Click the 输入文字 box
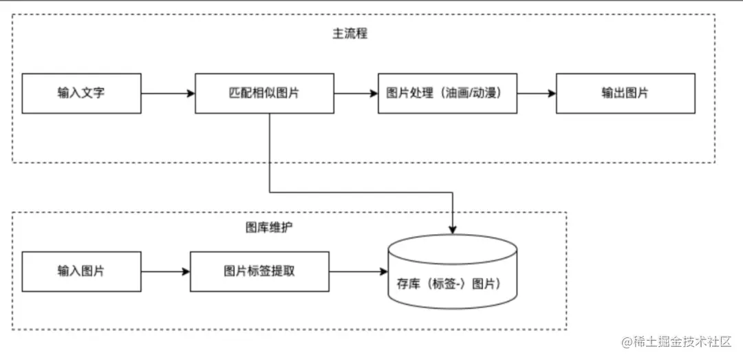pyautogui.click(x=81, y=93)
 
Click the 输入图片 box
pyautogui.click(x=81, y=271)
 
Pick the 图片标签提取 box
pyautogui.click(x=259, y=271)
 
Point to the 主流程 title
pyautogui.click(x=349, y=33)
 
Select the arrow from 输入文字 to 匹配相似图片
pyautogui.click(x=168, y=93)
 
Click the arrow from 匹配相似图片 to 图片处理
pyautogui.click(x=356, y=93)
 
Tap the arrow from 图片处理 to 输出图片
pyautogui.click(x=536, y=93)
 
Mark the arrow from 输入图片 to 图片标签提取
pyautogui.click(x=165, y=271)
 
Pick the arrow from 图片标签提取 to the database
pyautogui.click(x=358, y=271)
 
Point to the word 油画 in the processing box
pyautogui.click(x=449, y=93)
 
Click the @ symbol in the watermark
pyautogui.click(x=627, y=342)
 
